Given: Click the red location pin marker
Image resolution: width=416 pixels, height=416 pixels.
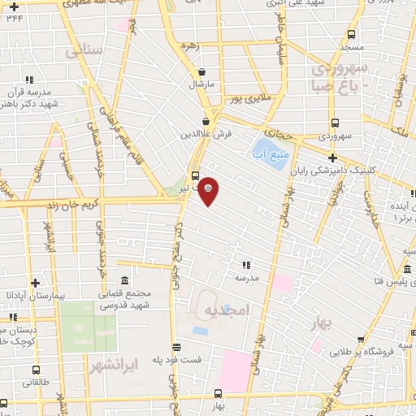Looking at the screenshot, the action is click(x=209, y=190).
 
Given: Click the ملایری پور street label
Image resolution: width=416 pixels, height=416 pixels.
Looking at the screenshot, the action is click(x=249, y=99).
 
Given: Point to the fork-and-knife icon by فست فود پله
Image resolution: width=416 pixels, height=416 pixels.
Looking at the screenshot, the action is click(x=177, y=345).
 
